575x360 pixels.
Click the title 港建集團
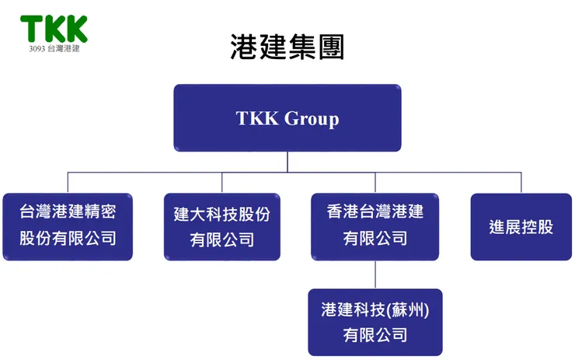(287, 47)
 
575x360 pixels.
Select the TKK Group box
(287, 117)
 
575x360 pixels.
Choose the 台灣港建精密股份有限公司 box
(68, 226)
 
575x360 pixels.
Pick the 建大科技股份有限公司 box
(222, 226)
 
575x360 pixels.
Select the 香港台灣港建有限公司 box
(375, 226)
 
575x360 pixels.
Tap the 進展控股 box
(521, 226)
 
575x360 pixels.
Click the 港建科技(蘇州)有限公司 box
(375, 322)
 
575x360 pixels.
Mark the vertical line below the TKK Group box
(287, 162)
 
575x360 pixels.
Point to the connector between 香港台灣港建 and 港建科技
(375, 274)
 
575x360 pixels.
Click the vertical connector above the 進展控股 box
(521, 182)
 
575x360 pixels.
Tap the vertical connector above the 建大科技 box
(222, 182)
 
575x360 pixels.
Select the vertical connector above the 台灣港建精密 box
(68, 182)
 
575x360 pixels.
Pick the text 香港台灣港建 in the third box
(375, 211)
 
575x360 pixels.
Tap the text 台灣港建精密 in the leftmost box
(68, 211)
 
